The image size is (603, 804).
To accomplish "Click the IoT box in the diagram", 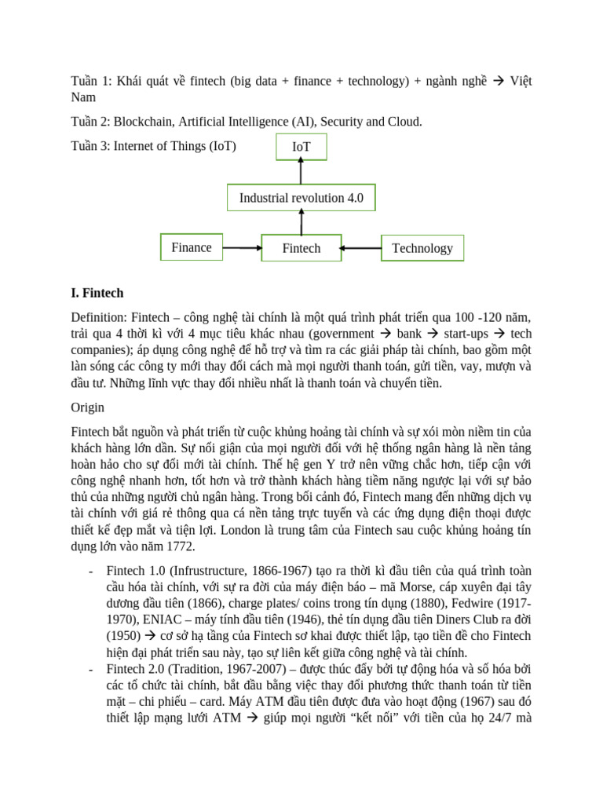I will pos(301,147).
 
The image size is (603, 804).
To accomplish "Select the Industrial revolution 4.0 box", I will pos(301,198).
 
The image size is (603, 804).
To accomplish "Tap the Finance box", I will pos(192,247).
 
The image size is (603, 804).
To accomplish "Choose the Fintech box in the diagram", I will pos(301,248).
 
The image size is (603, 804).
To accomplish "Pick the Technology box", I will pos(422,248).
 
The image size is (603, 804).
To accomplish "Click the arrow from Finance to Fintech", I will pos(242,248).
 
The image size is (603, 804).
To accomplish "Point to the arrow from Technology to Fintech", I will pos(361,248).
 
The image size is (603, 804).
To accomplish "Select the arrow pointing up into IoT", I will pos(301,172).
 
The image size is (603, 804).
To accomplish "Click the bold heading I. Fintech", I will pos(97,293).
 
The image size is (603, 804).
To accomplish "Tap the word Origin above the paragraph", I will pos(87,407).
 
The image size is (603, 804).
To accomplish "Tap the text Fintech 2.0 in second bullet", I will pos(136,669).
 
